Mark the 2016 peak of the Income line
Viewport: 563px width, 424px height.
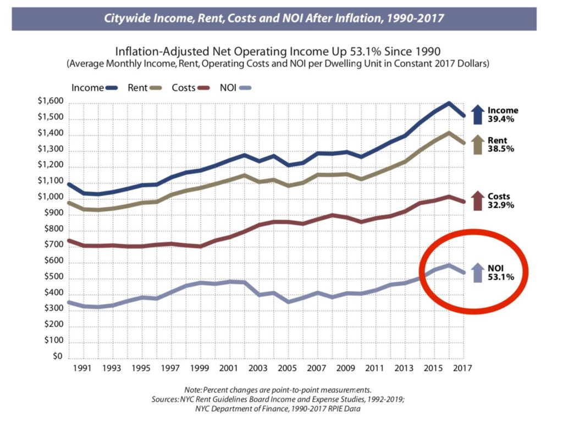click(449, 103)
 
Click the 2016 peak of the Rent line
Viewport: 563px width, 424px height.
click(449, 133)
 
